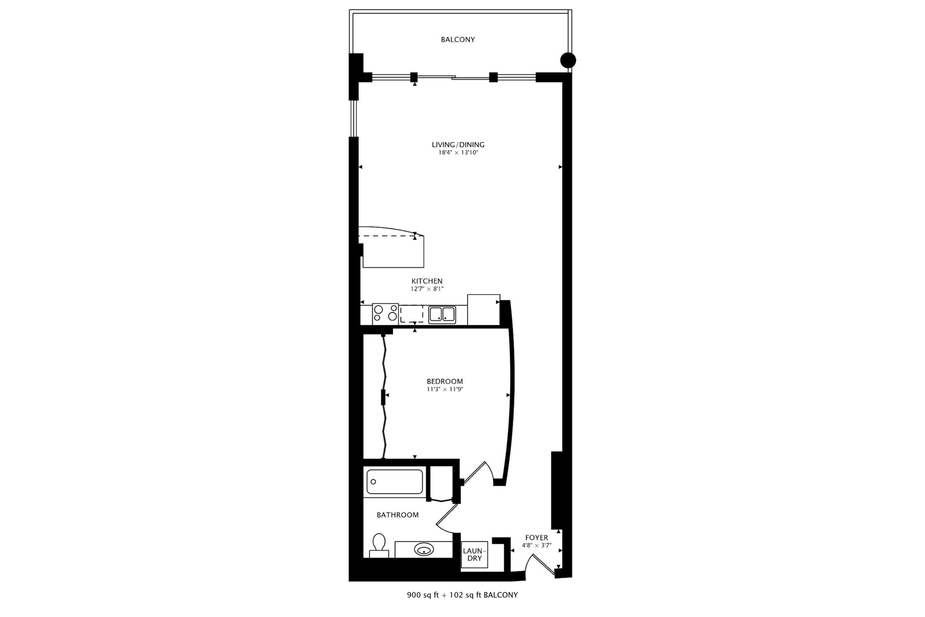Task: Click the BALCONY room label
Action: coord(457,39)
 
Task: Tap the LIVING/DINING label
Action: coord(458,145)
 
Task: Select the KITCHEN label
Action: coord(427,281)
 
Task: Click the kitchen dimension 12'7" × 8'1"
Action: coord(427,289)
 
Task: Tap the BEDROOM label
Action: coord(444,381)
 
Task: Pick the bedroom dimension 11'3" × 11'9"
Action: coord(444,390)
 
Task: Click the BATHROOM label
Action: coord(397,515)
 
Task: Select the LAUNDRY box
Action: coord(474,554)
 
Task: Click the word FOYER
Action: coord(536,538)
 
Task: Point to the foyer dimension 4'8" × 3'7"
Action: coord(536,546)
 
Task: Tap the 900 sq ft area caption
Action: coord(462,595)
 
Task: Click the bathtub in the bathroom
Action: coord(394,482)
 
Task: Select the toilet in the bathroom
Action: coord(379,546)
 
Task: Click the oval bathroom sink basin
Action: coord(423,550)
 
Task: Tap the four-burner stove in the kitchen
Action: coord(385,314)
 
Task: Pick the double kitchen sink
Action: coord(441,314)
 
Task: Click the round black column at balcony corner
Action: coord(568,60)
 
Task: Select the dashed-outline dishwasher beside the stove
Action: coord(412,314)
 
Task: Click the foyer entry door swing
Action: coord(540,566)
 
